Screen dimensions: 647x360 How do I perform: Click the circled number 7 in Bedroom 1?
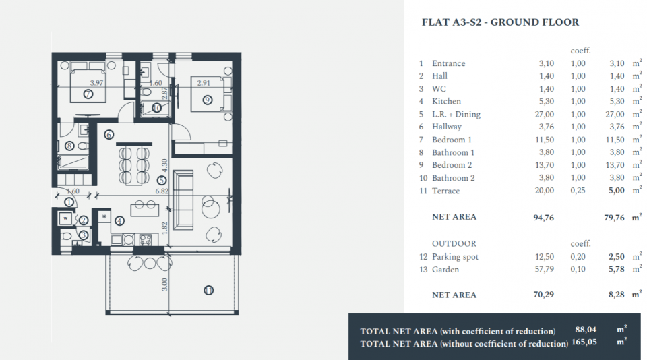(88, 94)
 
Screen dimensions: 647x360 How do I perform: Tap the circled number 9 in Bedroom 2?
(207, 100)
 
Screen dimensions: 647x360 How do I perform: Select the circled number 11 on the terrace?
(208, 291)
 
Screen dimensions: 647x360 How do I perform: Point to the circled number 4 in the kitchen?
(120, 221)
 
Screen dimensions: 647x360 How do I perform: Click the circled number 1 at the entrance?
(69, 202)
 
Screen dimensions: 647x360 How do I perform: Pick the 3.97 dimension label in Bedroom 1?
(96, 82)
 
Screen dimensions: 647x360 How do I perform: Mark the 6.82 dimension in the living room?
(162, 191)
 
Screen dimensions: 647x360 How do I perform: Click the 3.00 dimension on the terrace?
(164, 284)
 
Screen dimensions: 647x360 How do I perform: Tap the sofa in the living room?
(183, 200)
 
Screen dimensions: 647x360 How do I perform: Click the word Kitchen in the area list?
(446, 101)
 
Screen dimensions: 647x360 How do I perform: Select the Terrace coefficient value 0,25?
(578, 191)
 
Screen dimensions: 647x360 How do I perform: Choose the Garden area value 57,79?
(545, 269)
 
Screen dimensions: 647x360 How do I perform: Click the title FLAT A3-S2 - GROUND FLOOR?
(500, 22)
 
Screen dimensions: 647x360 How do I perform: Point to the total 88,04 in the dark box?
(586, 330)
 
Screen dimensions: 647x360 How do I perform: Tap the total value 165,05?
(584, 342)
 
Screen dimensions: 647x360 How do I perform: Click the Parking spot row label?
(455, 257)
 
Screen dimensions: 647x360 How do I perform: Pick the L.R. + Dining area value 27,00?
(545, 115)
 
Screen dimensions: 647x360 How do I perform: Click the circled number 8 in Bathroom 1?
(69, 146)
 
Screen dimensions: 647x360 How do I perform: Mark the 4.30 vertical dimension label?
(164, 166)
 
